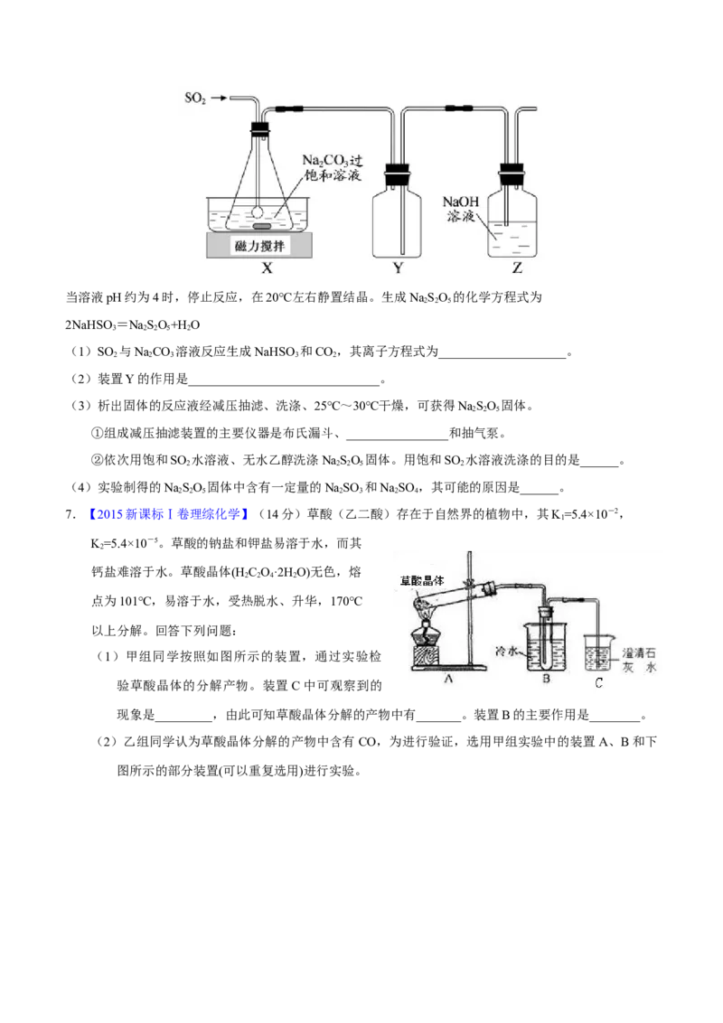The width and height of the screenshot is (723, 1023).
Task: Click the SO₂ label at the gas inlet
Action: pyautogui.click(x=195, y=98)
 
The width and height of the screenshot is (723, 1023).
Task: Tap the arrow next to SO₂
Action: pyautogui.click(x=219, y=98)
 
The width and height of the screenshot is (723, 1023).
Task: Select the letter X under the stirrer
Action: pyautogui.click(x=267, y=267)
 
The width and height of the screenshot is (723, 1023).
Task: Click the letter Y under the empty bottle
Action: pyautogui.click(x=398, y=267)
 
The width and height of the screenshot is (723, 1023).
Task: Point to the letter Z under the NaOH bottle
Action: pyautogui.click(x=517, y=267)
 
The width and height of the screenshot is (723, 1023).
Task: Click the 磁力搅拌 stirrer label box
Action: pyautogui.click(x=259, y=246)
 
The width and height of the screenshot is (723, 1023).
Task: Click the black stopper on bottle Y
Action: pyautogui.click(x=397, y=174)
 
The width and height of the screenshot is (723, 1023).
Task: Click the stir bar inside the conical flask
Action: pyautogui.click(x=260, y=226)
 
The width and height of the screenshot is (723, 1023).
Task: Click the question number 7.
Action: pyautogui.click(x=70, y=514)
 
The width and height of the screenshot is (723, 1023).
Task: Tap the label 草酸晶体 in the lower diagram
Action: pyautogui.click(x=421, y=580)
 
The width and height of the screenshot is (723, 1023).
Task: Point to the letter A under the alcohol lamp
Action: pyautogui.click(x=447, y=679)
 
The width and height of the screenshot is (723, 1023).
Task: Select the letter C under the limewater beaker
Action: pyautogui.click(x=599, y=682)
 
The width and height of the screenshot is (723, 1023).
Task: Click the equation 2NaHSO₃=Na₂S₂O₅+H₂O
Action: pyautogui.click(x=133, y=325)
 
